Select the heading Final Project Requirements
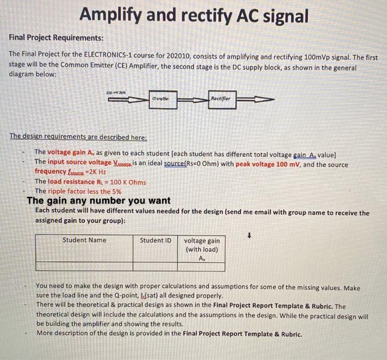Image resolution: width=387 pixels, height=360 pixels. click(56, 38)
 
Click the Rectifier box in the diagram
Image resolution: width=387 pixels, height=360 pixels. click(222, 99)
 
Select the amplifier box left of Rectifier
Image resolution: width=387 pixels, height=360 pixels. click(165, 100)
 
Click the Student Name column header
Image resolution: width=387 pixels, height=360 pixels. click(84, 240)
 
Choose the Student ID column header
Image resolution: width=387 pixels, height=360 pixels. click(155, 240)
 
